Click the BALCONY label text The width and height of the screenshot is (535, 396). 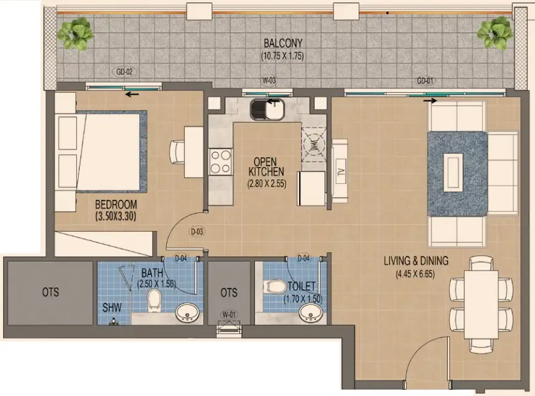point(283,43)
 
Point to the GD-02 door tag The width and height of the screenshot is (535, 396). point(125,71)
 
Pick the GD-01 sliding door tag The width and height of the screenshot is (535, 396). point(424,81)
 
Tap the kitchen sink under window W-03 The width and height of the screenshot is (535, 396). point(267,109)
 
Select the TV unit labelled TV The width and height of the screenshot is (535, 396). point(340,170)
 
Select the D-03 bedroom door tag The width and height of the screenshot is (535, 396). point(197,232)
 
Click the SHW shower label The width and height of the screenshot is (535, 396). point(111,306)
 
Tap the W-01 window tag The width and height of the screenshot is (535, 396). point(229,315)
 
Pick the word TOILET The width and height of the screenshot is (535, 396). point(301,287)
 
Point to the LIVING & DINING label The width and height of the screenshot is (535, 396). point(415,261)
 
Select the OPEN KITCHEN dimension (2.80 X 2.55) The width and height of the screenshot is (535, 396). point(267,183)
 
